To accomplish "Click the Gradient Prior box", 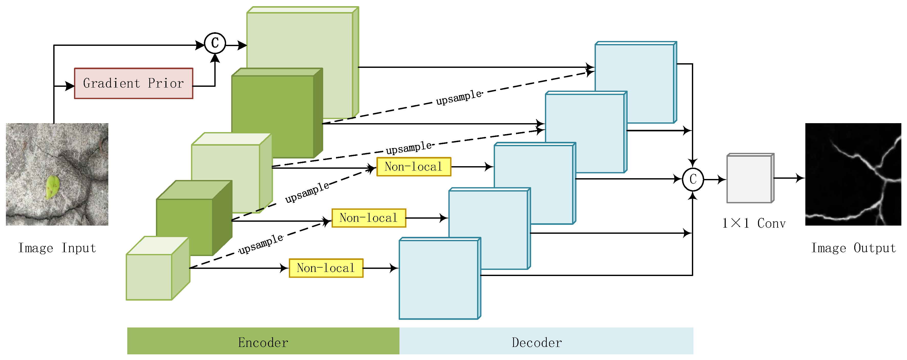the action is tap(133, 83).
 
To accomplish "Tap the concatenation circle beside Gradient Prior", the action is tap(215, 43).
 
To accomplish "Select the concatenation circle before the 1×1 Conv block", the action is tap(693, 179).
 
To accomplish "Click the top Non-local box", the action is tap(414, 166).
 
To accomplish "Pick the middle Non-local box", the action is tap(369, 218).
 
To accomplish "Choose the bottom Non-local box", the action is tap(326, 268).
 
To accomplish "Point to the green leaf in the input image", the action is tap(52, 187).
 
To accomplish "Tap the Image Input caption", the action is tap(57, 248).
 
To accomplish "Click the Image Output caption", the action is tap(853, 248).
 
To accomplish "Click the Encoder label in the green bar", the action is tap(263, 342).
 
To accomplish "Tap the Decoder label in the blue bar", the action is tap(537, 342).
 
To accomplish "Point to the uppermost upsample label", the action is tap(459, 97).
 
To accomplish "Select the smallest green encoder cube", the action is tap(158, 268).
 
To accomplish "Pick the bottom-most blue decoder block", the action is tap(440, 278).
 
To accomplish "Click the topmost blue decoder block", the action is tap(636, 82).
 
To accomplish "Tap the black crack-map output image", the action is tap(853, 174).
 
